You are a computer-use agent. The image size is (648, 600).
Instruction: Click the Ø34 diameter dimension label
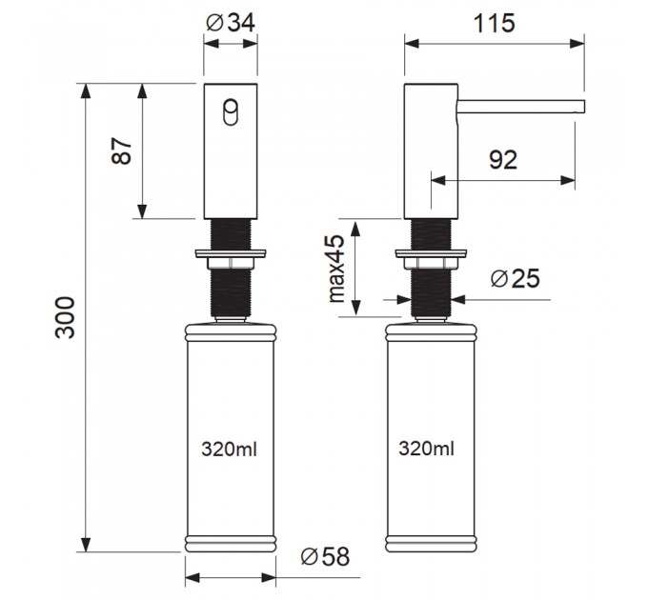tap(231, 23)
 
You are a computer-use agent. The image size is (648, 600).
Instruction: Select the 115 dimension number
tap(494, 23)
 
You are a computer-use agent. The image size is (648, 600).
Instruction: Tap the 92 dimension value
tap(503, 160)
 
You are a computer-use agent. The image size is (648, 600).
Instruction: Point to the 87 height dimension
tap(122, 150)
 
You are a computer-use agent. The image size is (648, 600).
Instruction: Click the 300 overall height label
tap(66, 317)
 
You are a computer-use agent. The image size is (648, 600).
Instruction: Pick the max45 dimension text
tap(336, 269)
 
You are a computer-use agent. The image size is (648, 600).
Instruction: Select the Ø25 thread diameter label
tap(516, 278)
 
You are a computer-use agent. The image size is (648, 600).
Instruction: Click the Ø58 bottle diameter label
tap(325, 556)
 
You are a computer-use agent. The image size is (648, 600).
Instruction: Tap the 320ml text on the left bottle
tap(230, 449)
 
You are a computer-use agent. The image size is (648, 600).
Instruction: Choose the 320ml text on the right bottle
tap(427, 448)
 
